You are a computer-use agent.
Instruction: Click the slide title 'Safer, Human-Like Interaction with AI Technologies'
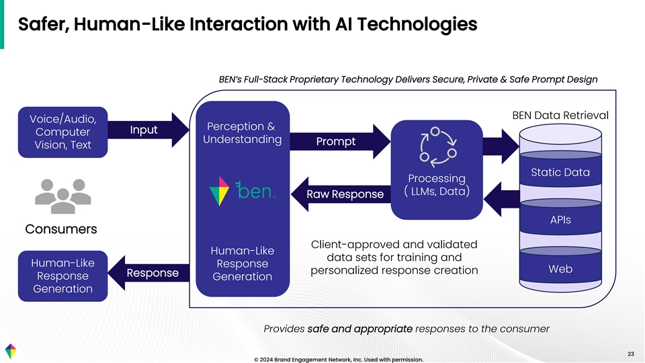point(248,25)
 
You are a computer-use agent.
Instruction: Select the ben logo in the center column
point(243,192)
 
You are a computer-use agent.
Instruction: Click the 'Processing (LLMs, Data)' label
point(437,185)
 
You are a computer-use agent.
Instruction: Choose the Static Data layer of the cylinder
point(560,172)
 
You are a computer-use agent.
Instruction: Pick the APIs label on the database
point(560,220)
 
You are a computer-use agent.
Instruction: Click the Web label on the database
point(560,268)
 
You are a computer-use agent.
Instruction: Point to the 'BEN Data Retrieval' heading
point(560,115)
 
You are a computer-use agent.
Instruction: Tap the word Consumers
point(61,229)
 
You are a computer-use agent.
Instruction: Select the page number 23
point(630,354)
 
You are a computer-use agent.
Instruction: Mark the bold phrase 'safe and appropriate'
point(359,329)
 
